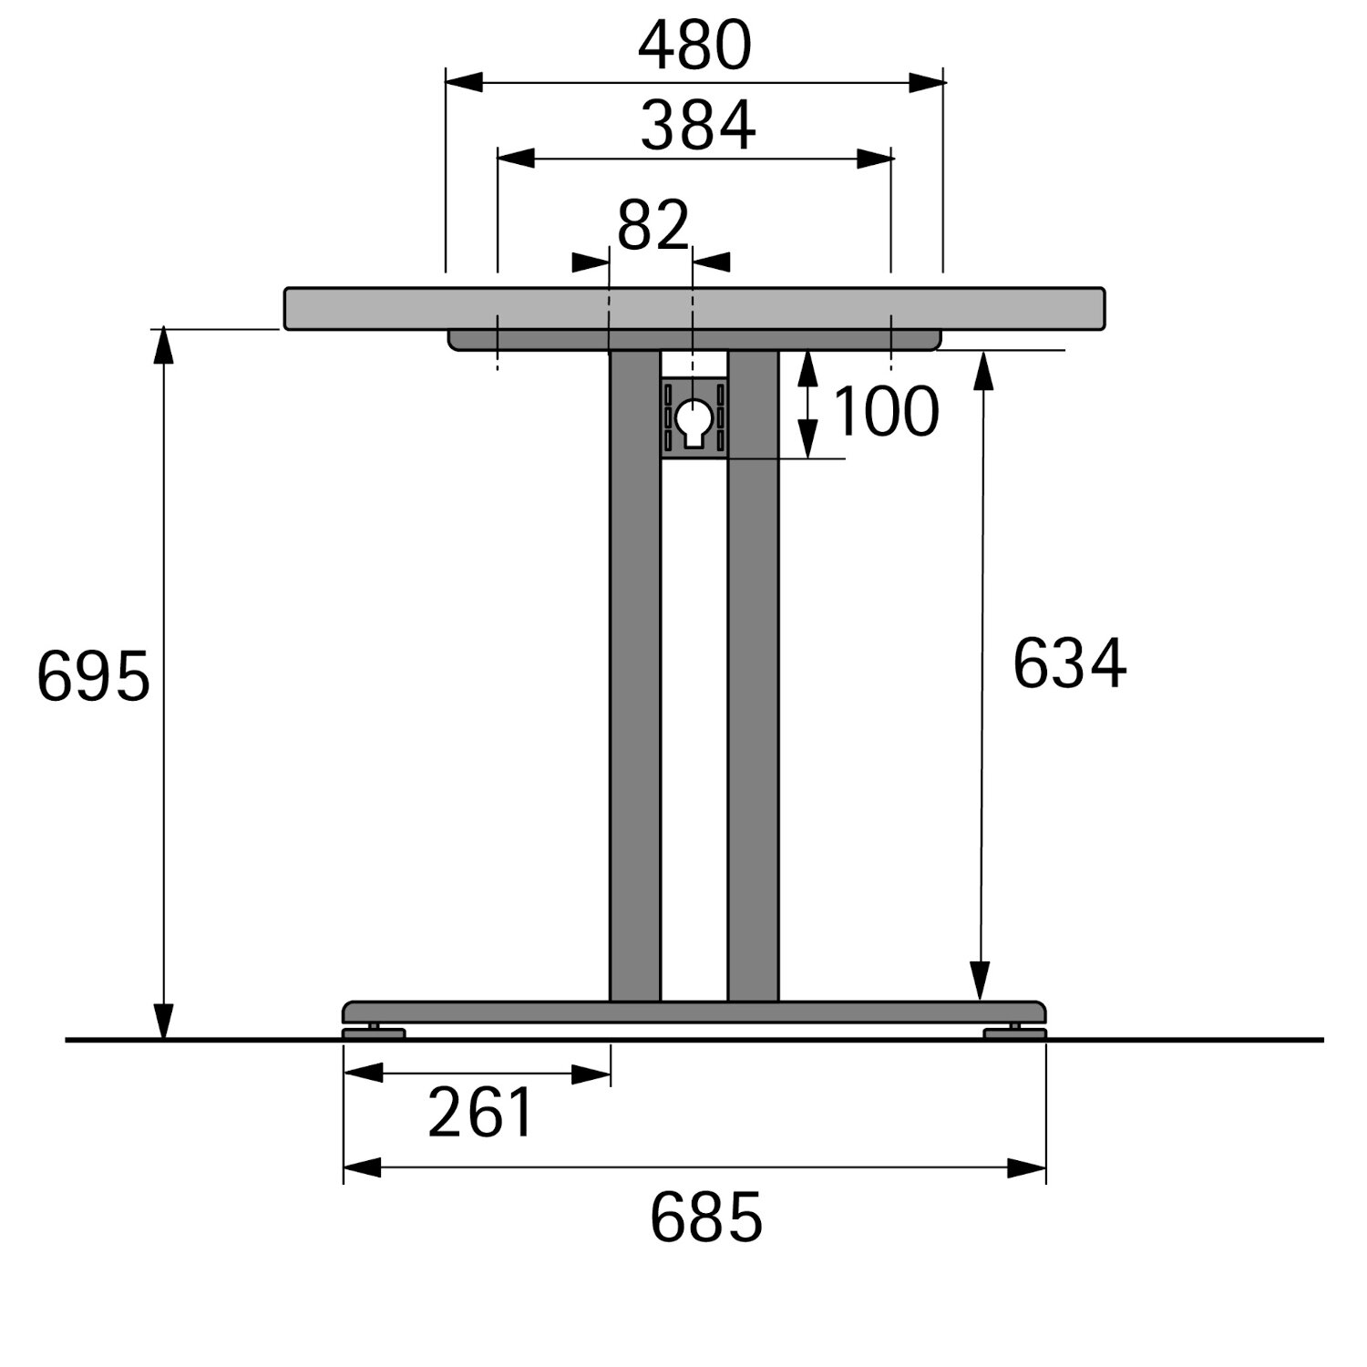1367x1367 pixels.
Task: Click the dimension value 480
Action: (694, 46)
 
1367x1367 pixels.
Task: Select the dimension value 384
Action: (698, 126)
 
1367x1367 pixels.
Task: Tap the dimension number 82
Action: (653, 226)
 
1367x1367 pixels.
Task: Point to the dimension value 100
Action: (885, 412)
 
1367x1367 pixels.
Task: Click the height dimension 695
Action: (93, 677)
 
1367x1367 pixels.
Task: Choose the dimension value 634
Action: (1069, 663)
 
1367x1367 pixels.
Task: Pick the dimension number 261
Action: (480, 1113)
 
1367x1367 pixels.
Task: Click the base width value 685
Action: (705, 1218)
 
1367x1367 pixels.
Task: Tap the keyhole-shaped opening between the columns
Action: (694, 423)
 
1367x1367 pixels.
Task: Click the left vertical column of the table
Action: (635, 675)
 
